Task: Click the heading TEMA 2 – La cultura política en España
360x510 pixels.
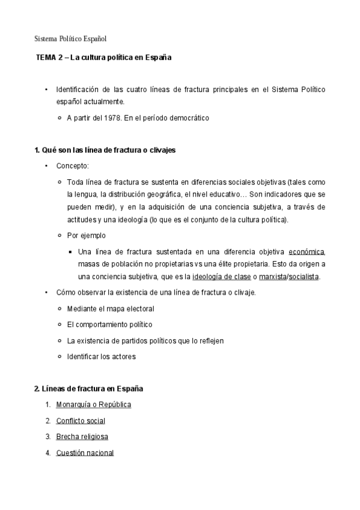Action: (x=103, y=58)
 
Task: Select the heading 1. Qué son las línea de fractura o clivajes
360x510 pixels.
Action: (x=105, y=150)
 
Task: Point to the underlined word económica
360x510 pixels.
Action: (x=307, y=251)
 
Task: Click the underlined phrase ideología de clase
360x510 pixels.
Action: (x=219, y=277)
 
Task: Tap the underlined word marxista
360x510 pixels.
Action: (x=271, y=277)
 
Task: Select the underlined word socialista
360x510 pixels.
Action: (x=304, y=277)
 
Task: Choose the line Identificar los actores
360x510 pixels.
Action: (x=102, y=357)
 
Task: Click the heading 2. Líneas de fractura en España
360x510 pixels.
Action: (x=88, y=389)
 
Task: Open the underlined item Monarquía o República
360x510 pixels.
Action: (x=93, y=405)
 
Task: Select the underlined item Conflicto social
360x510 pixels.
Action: (x=81, y=421)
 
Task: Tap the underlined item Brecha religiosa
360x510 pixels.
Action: (x=82, y=437)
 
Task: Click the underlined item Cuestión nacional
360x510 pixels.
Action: (x=85, y=453)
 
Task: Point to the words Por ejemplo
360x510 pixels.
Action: (x=86, y=235)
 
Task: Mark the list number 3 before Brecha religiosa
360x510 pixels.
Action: (x=47, y=437)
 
